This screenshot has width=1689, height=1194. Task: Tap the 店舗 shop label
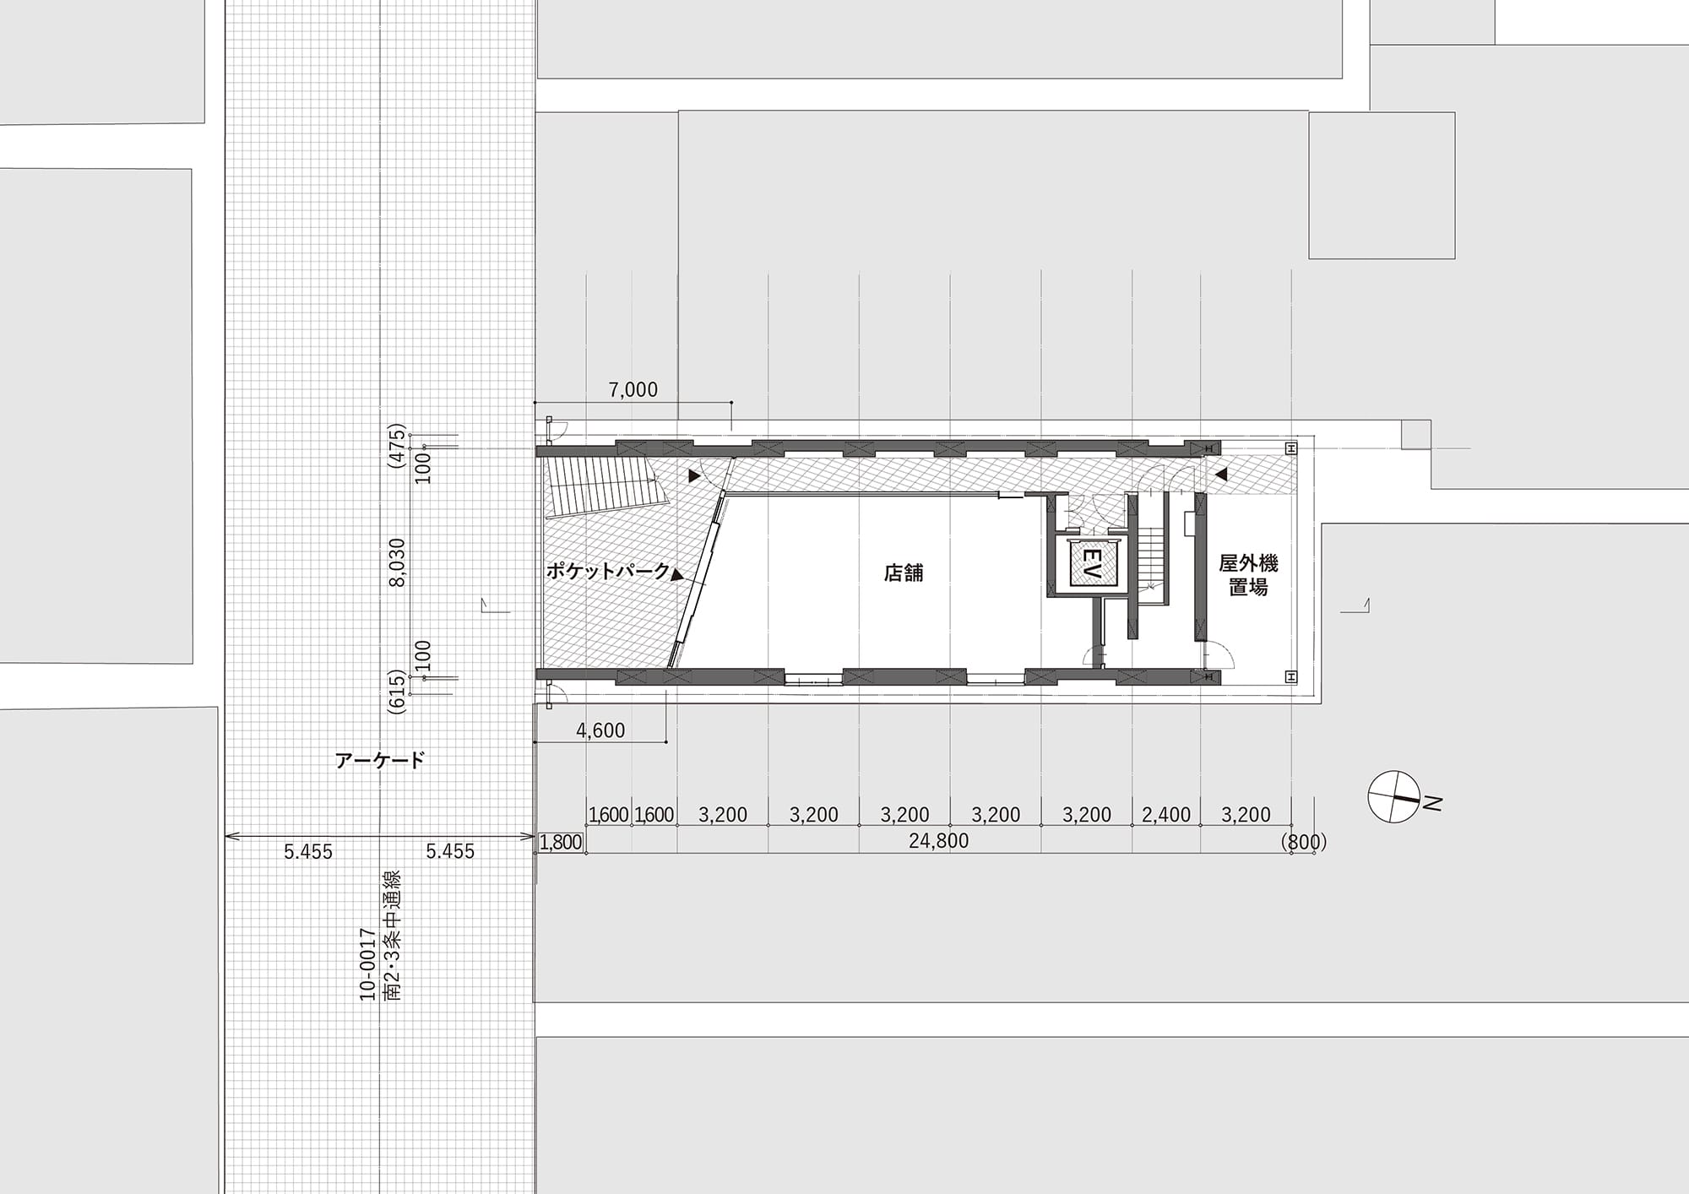coord(904,573)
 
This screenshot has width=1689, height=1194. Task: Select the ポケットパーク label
coord(607,571)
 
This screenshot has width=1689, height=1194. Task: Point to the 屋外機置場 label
coord(1248,575)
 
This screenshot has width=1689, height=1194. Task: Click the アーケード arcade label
coord(380,761)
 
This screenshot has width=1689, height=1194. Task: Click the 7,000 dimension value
coord(633,389)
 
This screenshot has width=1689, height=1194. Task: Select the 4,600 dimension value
coord(600,730)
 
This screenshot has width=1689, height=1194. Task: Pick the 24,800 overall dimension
coord(938,841)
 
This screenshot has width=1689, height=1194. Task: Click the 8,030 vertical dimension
coord(398,562)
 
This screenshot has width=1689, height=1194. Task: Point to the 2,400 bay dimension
coord(1166,815)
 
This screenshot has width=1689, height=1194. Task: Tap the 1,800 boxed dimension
coord(561,842)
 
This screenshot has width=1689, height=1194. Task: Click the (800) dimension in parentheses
coord(1304,842)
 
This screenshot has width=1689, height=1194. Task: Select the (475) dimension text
coord(397,446)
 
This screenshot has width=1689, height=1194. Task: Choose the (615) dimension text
coord(397,693)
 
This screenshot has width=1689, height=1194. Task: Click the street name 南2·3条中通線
coord(392,936)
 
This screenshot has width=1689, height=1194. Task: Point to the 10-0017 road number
coord(367,964)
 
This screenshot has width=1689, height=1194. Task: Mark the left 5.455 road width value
coord(308,852)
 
